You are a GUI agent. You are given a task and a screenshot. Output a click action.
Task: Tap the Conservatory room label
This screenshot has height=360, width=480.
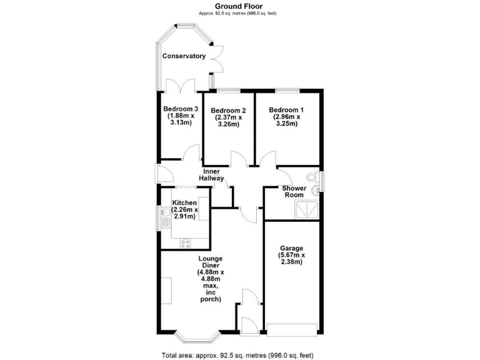point(184,56)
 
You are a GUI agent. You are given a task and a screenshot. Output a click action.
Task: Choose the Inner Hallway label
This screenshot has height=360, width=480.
point(211,175)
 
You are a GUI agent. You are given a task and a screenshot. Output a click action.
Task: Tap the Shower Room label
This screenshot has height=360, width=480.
point(293,191)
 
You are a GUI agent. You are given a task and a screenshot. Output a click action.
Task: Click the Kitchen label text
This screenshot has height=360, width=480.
point(185,203)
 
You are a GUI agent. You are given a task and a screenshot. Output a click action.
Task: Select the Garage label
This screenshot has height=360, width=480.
point(291,248)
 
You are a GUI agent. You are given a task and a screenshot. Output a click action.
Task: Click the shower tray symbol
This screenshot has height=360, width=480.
point(307,210)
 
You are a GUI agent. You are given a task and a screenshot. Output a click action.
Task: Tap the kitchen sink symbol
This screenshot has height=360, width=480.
point(165,219)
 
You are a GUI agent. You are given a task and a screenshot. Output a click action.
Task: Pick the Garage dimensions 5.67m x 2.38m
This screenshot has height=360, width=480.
point(291,259)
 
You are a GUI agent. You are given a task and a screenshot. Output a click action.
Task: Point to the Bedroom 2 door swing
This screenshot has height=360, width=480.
point(237,158)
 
